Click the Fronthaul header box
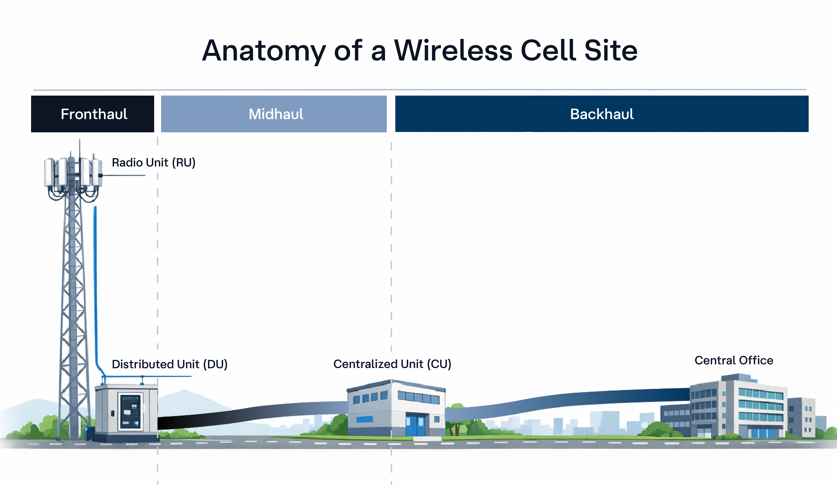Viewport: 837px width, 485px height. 93,114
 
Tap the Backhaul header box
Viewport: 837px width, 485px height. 601,114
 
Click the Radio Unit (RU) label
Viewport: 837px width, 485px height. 153,163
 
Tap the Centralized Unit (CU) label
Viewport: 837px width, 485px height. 392,364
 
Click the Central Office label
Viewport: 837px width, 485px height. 734,360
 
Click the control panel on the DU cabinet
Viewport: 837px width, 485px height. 130,411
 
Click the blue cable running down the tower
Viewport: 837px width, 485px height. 96,282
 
